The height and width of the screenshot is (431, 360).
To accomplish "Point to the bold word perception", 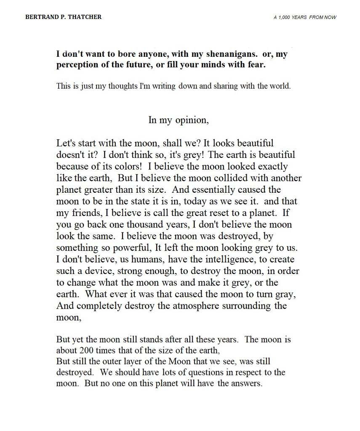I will click(x=78, y=66).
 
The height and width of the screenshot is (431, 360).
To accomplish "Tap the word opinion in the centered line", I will click(x=192, y=120).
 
